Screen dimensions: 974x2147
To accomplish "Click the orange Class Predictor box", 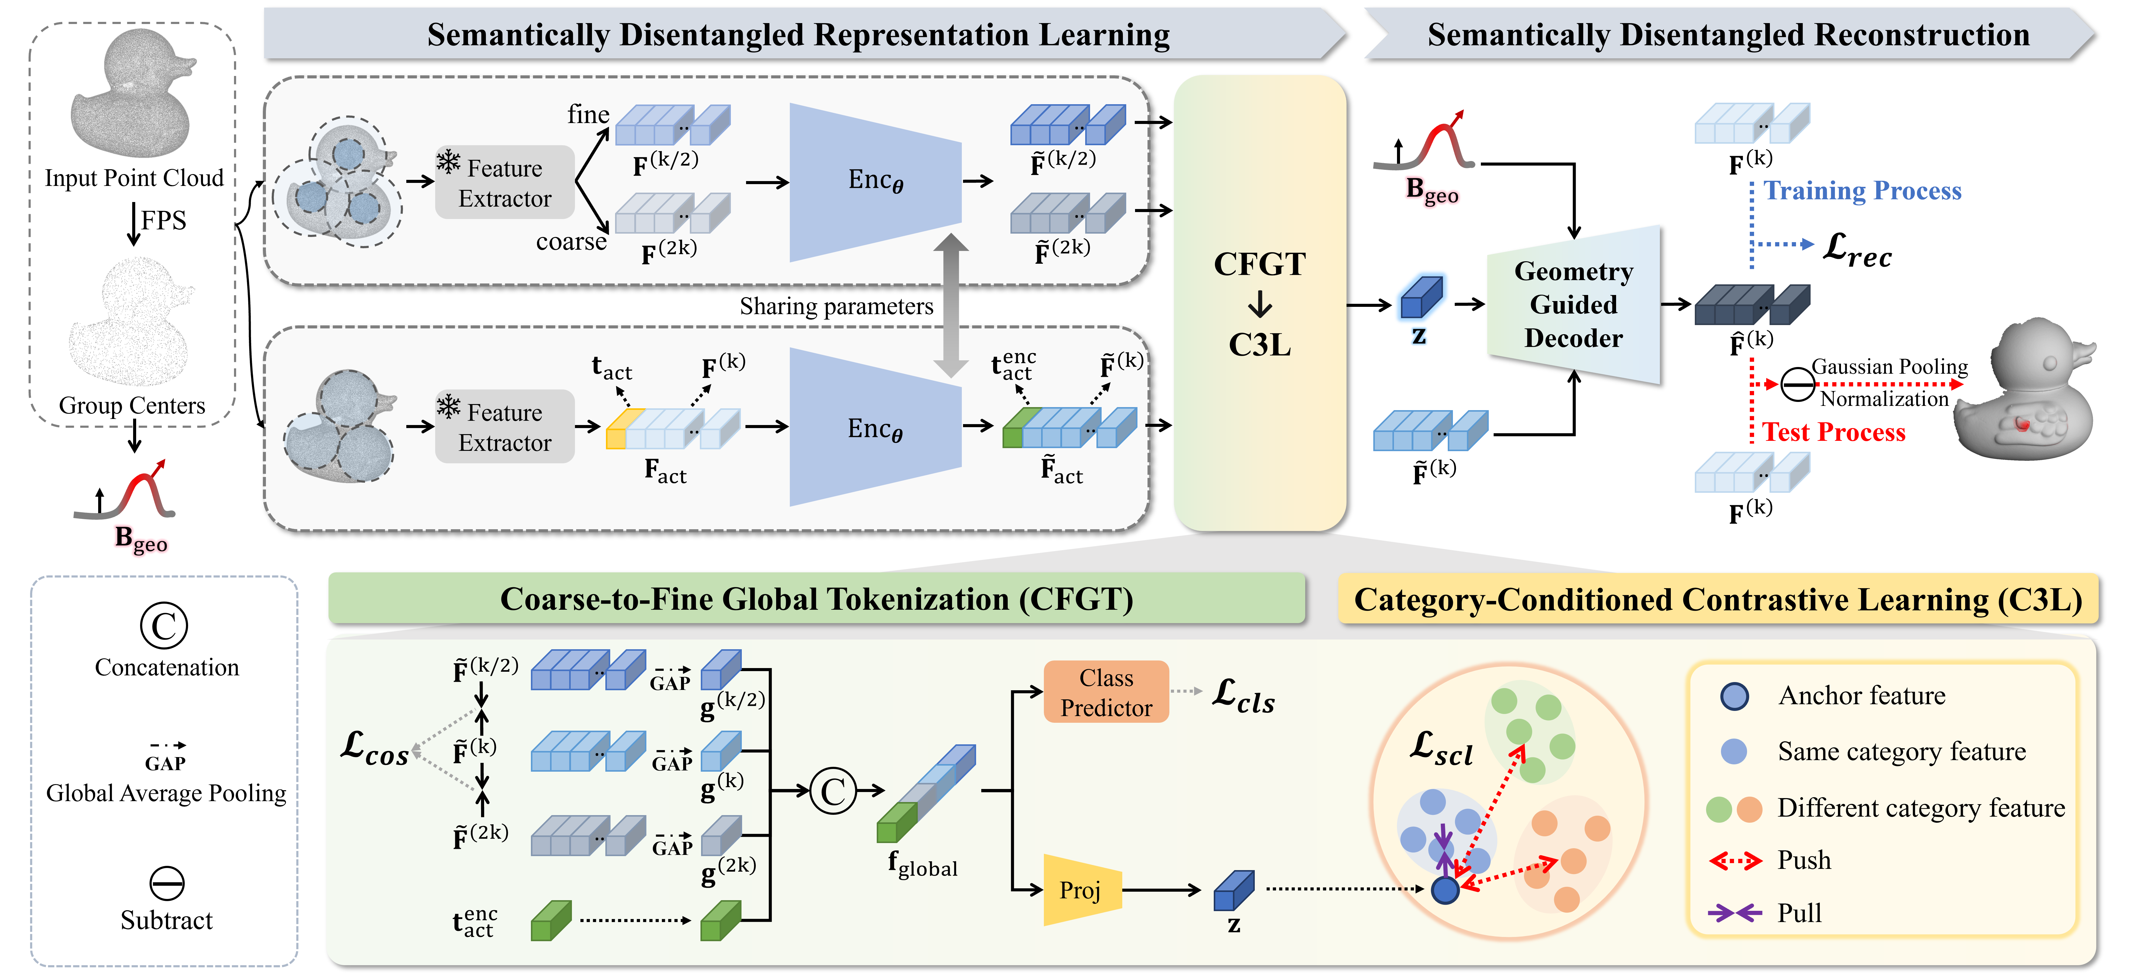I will click(x=1106, y=691).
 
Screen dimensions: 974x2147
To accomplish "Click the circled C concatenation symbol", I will click(x=833, y=791).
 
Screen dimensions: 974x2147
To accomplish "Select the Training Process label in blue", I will click(x=1863, y=191).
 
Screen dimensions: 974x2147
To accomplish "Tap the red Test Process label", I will click(x=1834, y=432).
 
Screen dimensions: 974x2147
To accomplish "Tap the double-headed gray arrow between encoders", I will click(x=950, y=305).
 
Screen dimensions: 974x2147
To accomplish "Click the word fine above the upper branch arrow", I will click(x=588, y=115).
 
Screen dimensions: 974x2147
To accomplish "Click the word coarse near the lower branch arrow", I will click(x=571, y=242).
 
